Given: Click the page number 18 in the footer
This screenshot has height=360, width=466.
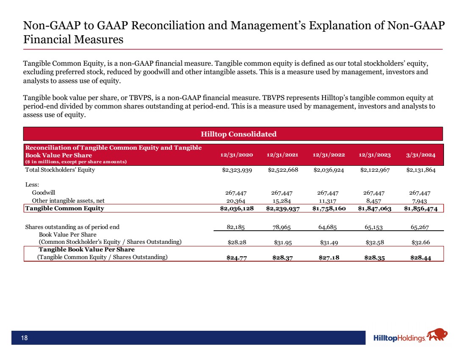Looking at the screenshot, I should point(25,338).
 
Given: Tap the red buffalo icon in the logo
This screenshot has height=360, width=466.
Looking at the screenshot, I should point(438,335).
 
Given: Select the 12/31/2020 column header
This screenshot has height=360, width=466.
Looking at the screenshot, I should point(236,155).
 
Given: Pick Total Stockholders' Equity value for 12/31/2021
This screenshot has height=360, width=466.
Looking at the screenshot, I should point(283,170).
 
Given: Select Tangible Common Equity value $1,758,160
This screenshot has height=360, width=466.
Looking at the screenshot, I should point(329,208).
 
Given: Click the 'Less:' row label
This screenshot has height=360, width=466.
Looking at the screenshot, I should point(32,184).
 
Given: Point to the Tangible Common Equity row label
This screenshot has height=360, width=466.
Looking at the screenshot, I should point(64,208).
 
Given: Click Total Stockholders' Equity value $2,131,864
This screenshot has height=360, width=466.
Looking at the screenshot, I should point(422,170).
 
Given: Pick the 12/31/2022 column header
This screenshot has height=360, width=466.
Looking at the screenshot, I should point(329,155).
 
